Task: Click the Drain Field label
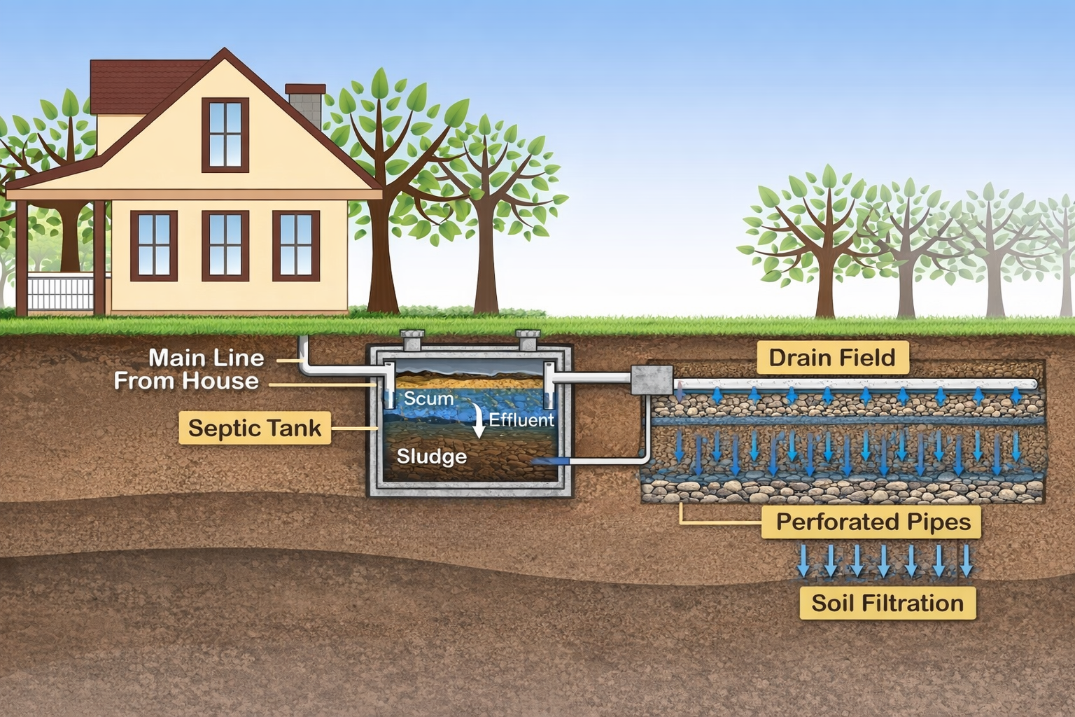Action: pos(832,358)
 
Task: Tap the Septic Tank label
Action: pos(254,428)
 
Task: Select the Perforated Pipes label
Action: pos(873,522)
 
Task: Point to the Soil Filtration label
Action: pos(887,603)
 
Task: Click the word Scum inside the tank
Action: pos(428,398)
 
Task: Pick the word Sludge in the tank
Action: pos(431,457)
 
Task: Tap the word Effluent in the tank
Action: pos(521,420)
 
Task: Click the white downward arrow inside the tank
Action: pos(479,421)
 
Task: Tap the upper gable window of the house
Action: pos(225,135)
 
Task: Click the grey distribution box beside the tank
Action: pos(651,380)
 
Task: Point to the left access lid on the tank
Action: pos(411,341)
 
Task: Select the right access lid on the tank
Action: pos(528,340)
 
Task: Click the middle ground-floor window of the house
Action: pos(225,245)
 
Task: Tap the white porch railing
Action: pos(59,293)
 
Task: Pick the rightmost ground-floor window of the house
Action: pos(296,245)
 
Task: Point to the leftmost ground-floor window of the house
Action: pos(154,245)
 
